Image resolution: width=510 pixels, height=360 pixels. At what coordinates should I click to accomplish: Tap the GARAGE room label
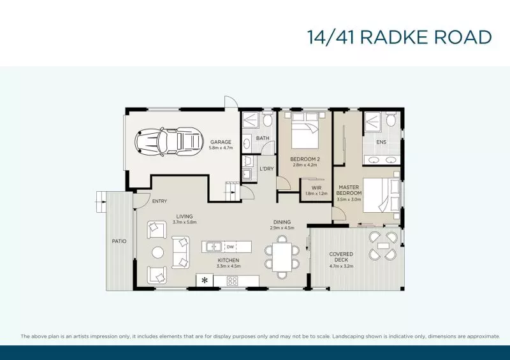tap(221, 142)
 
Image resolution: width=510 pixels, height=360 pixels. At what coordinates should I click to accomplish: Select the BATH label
tap(263, 138)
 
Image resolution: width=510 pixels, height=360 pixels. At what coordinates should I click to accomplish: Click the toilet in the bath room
tap(268, 120)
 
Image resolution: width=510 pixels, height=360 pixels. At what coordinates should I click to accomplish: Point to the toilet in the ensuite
tap(391, 119)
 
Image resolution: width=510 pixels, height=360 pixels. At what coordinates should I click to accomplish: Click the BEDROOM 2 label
tap(305, 159)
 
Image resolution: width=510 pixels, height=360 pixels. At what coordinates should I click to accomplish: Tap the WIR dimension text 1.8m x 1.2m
tap(316, 194)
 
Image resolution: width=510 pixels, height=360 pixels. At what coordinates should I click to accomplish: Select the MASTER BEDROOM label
tap(349, 191)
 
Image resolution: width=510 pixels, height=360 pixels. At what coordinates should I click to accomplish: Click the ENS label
tap(381, 142)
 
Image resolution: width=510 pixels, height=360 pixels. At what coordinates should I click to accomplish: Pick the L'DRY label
tap(266, 169)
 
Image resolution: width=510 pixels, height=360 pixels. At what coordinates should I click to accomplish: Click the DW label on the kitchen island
tap(230, 247)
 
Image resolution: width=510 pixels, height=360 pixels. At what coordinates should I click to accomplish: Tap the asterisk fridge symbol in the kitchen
tap(205, 280)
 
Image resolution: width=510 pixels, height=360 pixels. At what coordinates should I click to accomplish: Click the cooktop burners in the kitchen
tap(232, 281)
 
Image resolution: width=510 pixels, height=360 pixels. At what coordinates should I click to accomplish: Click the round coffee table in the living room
tap(158, 253)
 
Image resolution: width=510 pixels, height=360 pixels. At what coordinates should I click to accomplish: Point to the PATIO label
tap(119, 241)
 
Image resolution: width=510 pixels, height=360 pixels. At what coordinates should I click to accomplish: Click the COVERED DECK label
tap(341, 257)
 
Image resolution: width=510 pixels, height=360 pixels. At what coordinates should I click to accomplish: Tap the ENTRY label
tap(159, 201)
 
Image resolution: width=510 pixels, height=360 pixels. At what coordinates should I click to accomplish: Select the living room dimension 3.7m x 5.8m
tap(184, 222)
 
